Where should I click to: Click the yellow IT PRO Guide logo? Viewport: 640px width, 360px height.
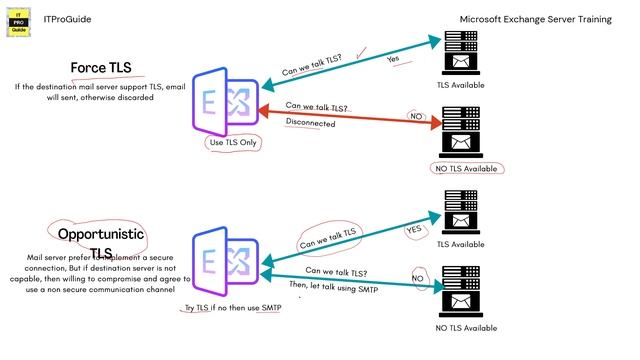18,23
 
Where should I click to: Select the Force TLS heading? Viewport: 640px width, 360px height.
101,68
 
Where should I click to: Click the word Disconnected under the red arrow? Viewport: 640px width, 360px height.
311,123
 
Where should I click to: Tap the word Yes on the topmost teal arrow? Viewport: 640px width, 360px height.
393,59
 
